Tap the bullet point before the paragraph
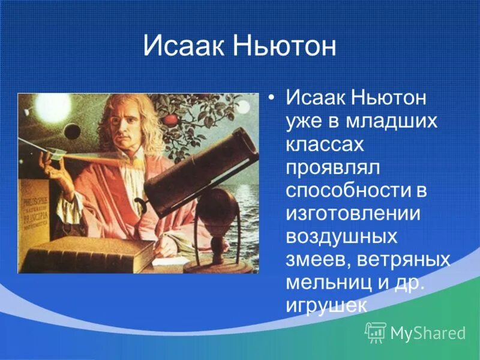pyautogui.click(x=271, y=98)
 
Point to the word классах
pyautogui.click(x=325, y=145)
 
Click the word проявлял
pyautogui.click(x=332, y=168)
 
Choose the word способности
pyautogui.click(x=349, y=191)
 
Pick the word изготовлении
pyautogui.click(x=353, y=214)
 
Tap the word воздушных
pyautogui.click(x=341, y=237)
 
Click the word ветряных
pyautogui.click(x=403, y=260)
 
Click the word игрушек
pyautogui.click(x=326, y=306)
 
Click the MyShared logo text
pyautogui.click(x=428, y=333)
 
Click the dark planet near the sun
pyautogui.click(x=72, y=131)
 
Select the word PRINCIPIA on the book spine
pyautogui.click(x=36, y=215)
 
